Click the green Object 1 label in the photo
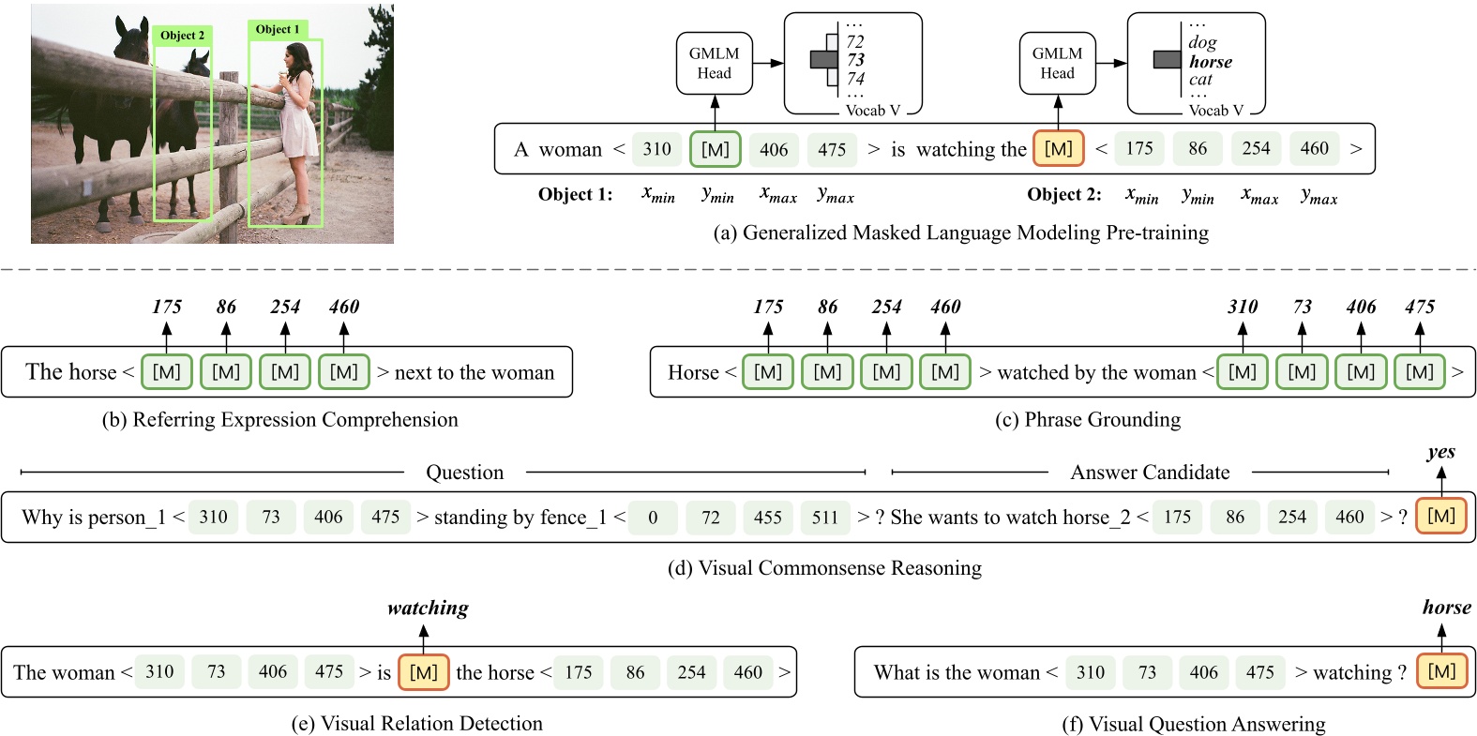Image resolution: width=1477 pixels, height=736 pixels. click(x=278, y=29)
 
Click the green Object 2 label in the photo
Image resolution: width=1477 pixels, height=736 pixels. click(x=182, y=36)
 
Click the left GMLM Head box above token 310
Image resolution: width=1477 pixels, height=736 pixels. click(x=714, y=64)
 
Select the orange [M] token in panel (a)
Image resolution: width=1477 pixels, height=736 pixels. click(x=1058, y=149)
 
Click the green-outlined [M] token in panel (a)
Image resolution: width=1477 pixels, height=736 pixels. click(x=715, y=149)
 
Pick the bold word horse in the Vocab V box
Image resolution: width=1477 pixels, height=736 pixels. click(x=1210, y=62)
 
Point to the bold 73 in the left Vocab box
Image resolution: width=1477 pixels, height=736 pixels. click(x=855, y=60)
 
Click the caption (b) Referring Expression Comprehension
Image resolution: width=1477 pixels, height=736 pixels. click(x=279, y=420)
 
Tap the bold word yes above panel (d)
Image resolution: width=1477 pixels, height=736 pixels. click(x=1440, y=452)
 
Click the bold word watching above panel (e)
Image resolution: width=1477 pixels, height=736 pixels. click(x=428, y=608)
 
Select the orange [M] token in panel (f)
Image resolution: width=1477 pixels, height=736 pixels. click(x=1440, y=671)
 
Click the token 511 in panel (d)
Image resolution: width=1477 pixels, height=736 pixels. click(x=824, y=518)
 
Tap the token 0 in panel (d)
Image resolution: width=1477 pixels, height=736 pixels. click(x=653, y=518)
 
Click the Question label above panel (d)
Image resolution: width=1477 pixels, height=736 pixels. click(x=464, y=473)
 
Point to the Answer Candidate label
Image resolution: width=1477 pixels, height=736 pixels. click(x=1150, y=473)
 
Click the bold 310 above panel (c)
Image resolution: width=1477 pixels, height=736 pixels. click(x=1242, y=307)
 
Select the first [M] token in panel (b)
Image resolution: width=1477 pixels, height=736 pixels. click(x=166, y=372)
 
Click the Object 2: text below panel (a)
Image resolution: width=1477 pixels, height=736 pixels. click(x=1063, y=195)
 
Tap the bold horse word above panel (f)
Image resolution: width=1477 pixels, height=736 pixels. click(x=1446, y=608)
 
